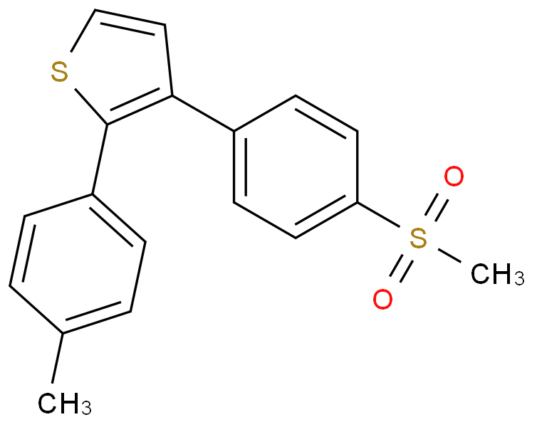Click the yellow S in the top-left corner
coord(59,73)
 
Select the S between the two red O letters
coord(418,239)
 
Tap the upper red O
coord(454,177)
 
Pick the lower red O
coord(382,300)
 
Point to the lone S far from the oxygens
coord(59,73)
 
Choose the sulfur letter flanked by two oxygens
coord(418,239)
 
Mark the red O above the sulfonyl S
coord(454,177)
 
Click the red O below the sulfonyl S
coord(382,300)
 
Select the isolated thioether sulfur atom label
coord(59,73)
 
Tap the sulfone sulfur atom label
coord(418,239)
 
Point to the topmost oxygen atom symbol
coord(454,177)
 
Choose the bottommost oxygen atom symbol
coord(382,300)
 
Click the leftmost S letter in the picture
coord(59,73)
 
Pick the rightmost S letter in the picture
coord(418,239)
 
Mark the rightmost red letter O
coord(454,177)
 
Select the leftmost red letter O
coord(382,300)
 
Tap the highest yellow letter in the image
coord(59,73)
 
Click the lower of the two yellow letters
coord(418,239)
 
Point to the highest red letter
coord(454,177)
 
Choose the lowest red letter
coord(382,300)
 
